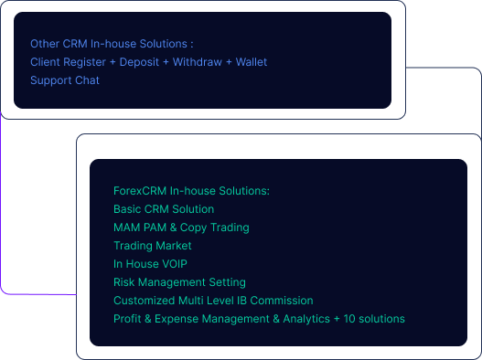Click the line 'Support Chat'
click(x=65, y=80)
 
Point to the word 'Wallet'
click(x=252, y=62)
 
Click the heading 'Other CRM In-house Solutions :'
click(x=112, y=44)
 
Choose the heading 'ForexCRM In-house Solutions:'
click(x=191, y=191)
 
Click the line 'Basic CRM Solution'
click(x=164, y=209)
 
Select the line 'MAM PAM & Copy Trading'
click(x=181, y=228)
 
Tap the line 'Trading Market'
click(x=153, y=246)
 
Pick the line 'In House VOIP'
click(x=150, y=264)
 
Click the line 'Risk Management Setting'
click(x=179, y=282)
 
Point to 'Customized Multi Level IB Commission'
click(x=213, y=301)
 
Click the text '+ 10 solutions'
click(x=370, y=319)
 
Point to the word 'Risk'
click(x=124, y=282)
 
